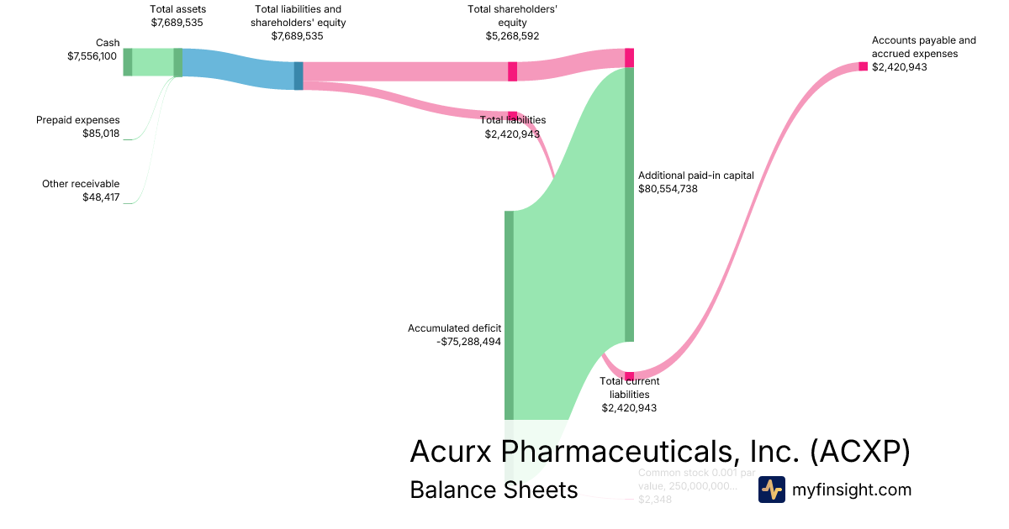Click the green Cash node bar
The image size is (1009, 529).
click(x=128, y=62)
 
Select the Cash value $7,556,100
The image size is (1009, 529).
click(x=92, y=56)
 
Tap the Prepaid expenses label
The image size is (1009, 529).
click(x=77, y=120)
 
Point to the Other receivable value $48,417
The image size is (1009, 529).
click(x=101, y=197)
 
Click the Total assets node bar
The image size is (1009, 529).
click(x=178, y=62)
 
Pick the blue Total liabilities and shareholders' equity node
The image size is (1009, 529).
click(x=298, y=76)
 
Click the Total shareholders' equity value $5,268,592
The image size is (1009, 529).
click(x=512, y=36)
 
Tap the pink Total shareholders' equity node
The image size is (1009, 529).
click(x=512, y=71)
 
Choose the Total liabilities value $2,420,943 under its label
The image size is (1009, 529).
click(x=512, y=134)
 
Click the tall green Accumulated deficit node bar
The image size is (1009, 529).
click(x=509, y=315)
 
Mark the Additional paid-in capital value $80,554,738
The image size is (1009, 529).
click(x=668, y=189)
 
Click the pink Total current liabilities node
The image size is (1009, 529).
click(x=629, y=375)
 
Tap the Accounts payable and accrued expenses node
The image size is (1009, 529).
click(x=863, y=66)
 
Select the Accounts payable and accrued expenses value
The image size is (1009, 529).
click(x=899, y=67)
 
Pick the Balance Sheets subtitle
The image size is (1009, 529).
click(x=494, y=490)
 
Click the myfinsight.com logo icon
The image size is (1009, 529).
click(x=771, y=490)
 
